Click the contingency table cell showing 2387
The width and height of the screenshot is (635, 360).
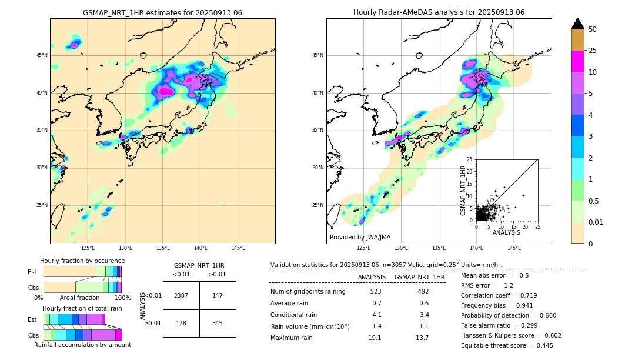click(181, 295)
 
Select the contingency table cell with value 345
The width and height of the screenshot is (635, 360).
click(217, 323)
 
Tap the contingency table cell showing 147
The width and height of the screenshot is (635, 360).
click(217, 295)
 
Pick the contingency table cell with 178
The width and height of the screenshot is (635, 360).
click(181, 323)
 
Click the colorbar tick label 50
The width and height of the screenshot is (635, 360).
click(593, 29)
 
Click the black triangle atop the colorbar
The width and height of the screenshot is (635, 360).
click(577, 24)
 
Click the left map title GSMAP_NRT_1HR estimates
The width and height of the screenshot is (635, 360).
click(162, 13)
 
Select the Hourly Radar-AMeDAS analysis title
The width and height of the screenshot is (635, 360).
click(439, 12)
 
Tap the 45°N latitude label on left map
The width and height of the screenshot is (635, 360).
click(42, 55)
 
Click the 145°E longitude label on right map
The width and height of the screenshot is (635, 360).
click(514, 248)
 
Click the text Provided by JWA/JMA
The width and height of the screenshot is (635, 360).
click(360, 237)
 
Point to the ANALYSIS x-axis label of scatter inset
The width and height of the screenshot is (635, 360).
click(506, 232)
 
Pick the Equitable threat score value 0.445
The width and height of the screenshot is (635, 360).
click(541, 345)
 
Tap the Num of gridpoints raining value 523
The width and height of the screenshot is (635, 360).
click(376, 291)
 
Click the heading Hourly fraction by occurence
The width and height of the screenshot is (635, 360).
click(82, 261)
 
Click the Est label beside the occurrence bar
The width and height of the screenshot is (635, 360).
click(32, 272)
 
